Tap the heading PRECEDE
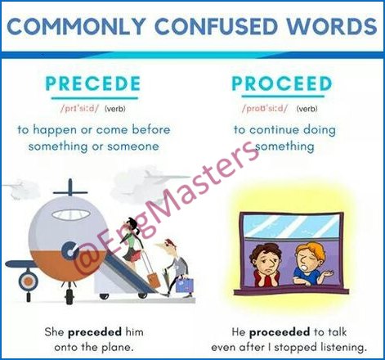pos(93,83)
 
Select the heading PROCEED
pos(282,83)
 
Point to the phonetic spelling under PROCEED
pos(265,109)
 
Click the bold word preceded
pos(95,332)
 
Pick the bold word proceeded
pos(280,332)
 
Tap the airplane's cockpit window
pos(72,214)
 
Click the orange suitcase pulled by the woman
pos(153,280)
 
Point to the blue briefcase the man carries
pos(185,285)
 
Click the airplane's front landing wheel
pos(69,296)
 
